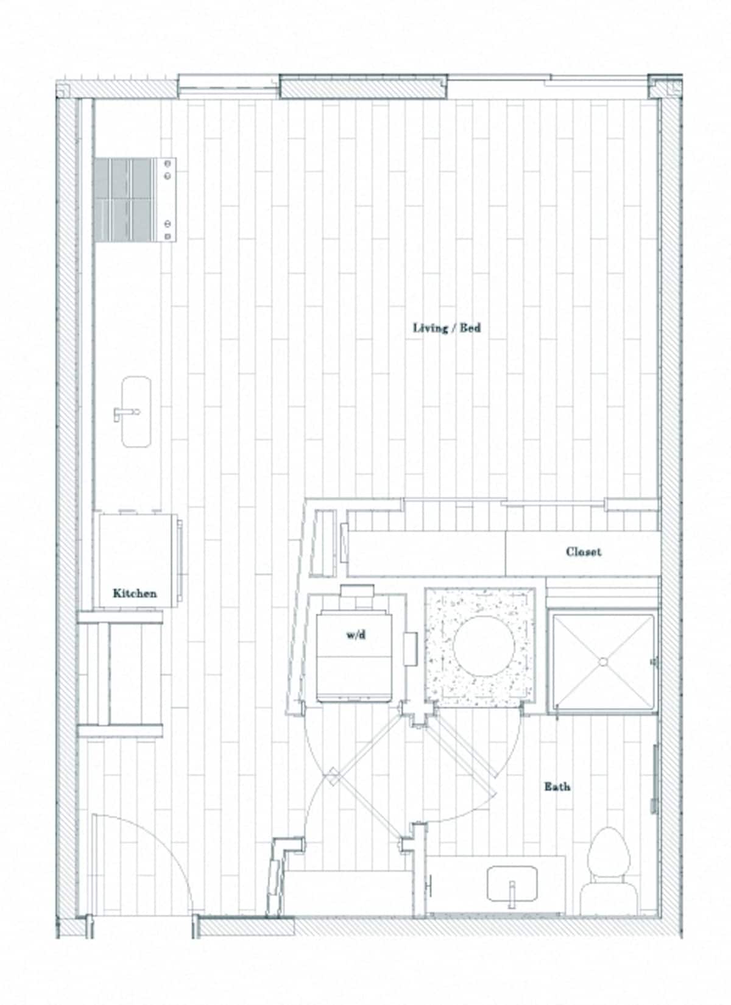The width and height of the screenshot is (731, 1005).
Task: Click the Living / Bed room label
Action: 447,328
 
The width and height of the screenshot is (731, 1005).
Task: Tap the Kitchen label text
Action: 134,593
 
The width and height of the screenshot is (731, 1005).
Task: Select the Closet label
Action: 583,552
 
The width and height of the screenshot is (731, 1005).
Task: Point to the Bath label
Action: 557,786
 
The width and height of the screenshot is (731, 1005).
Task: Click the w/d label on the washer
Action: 356,635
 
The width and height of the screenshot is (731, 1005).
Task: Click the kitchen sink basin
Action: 136,412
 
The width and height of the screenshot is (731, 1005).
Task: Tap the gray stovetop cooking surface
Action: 125,200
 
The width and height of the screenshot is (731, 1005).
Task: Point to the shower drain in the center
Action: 602,661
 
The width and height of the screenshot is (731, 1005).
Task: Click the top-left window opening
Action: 228,86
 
